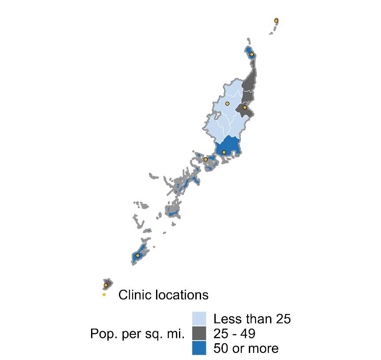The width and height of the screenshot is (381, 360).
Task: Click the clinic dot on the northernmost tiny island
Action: tap(276, 21)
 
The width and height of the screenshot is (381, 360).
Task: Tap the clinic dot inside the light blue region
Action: tap(227, 103)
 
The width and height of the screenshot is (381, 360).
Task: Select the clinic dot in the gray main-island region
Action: tap(244, 107)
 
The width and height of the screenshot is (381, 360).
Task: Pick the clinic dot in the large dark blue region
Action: tap(224, 152)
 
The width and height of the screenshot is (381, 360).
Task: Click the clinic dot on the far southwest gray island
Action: tap(106, 285)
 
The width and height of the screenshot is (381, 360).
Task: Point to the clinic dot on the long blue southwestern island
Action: tap(137, 256)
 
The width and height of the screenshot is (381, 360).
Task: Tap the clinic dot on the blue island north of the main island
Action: tap(251, 54)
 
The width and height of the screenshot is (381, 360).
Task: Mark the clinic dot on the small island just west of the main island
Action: tap(206, 159)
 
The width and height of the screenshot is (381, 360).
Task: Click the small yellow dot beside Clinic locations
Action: tap(104, 295)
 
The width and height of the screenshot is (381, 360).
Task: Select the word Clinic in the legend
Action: tap(133, 295)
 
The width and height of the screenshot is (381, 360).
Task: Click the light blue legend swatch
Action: tap(199, 318)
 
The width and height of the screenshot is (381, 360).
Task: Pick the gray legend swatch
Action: tap(199, 333)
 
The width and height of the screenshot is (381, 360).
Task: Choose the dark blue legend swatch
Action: tap(199, 348)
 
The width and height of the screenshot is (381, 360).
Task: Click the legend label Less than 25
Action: tap(252, 319)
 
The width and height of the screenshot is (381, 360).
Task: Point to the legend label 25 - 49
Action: tap(234, 333)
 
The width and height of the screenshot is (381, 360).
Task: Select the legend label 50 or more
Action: tap(246, 348)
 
